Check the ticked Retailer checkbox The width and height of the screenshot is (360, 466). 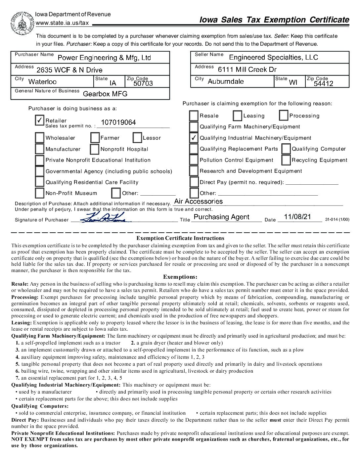pos(40,120)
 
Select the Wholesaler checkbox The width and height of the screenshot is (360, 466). pos(40,138)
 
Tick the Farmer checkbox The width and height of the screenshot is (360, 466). pos(95,138)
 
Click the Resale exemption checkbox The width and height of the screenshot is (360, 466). pos(194,116)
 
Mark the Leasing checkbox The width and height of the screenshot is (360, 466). pos(238,116)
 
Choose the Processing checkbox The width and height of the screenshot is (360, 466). pos(284,116)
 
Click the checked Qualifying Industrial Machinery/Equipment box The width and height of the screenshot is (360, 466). pos(194,138)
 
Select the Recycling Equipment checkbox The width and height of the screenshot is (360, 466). pos(286,160)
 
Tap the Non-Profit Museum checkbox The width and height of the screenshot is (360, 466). pos(40,193)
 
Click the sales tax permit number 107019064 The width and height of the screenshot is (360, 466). pos(118,122)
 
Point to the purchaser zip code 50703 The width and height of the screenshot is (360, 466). pos(143,83)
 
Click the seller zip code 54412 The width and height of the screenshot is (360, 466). pos(324,83)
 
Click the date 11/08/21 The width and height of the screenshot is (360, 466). pos(298,217)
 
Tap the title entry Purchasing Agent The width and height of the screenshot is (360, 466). pos(221,217)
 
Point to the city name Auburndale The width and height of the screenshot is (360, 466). pos(226,81)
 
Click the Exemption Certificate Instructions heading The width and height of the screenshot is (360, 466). pos(180,238)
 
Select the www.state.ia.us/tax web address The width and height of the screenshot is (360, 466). pos(62,23)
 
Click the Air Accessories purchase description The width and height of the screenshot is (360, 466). pos(199,201)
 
